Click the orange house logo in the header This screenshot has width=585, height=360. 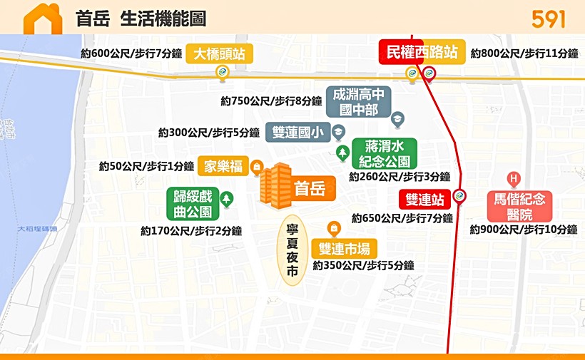[x=43, y=19]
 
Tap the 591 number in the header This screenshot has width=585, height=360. [x=549, y=19]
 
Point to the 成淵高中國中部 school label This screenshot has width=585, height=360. [x=358, y=102]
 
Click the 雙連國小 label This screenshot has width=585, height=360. [x=297, y=133]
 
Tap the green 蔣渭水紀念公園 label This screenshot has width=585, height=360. [x=385, y=153]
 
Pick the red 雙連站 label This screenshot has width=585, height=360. [x=424, y=200]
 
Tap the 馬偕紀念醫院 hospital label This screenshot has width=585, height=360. [x=519, y=207]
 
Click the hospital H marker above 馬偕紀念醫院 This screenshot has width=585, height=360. [x=512, y=178]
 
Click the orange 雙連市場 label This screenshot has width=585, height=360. [x=345, y=249]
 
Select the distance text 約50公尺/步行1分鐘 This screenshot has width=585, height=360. [x=146, y=167]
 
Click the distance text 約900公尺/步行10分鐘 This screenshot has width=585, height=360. [x=523, y=230]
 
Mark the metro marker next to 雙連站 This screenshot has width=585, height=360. [x=460, y=195]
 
